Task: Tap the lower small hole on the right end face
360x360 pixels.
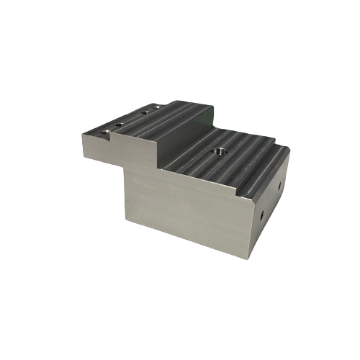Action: point(262,214)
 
